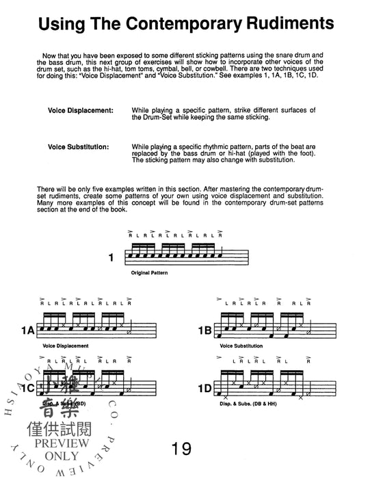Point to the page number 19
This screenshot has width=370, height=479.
tap(183, 448)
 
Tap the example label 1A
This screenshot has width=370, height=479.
tap(27, 330)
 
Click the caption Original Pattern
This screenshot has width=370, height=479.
tap(148, 272)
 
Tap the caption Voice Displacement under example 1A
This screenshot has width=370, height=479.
tap(64, 346)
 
